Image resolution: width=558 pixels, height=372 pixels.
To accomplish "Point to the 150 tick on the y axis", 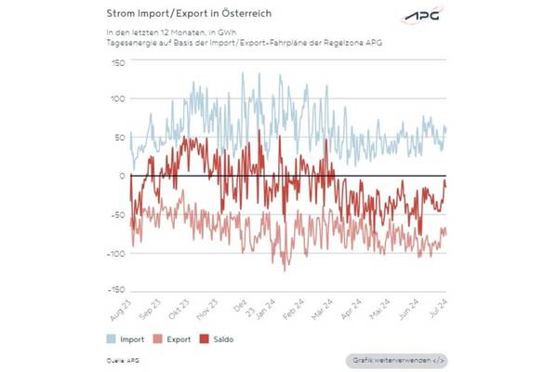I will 117,62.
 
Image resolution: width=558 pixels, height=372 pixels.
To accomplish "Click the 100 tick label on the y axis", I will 117,100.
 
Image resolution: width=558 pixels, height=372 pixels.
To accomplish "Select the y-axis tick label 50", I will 119,138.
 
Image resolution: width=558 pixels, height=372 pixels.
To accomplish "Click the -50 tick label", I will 117,214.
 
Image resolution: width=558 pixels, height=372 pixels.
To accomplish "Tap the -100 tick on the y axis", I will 115,252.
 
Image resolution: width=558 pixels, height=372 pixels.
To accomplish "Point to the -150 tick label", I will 115,290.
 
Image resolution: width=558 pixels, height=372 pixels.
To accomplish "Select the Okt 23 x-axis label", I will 179,309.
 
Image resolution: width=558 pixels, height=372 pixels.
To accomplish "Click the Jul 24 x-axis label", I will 438,309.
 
